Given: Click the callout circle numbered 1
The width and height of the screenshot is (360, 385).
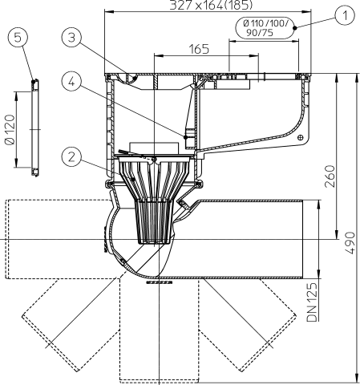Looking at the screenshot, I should click(x=345, y=14).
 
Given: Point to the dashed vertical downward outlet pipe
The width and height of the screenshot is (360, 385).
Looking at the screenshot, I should click(x=160, y=337).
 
